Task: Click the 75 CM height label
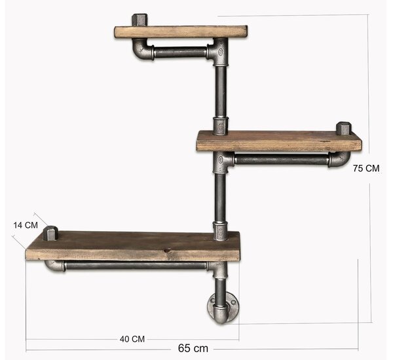pos(366,168)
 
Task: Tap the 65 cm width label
pos(193,348)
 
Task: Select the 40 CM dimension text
pos(132,339)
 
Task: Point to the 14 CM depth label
pos(26,225)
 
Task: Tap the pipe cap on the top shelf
pos(140,20)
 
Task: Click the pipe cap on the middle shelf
pos(344,129)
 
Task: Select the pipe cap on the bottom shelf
pos(51,234)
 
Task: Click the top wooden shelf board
pos(181,32)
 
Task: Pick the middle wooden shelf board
pos(279,141)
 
